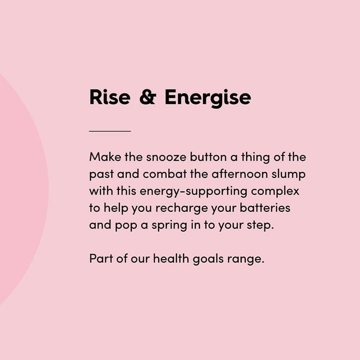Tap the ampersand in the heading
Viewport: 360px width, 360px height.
147,97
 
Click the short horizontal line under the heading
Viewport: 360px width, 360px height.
110,131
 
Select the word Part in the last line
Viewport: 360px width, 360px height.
99,259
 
